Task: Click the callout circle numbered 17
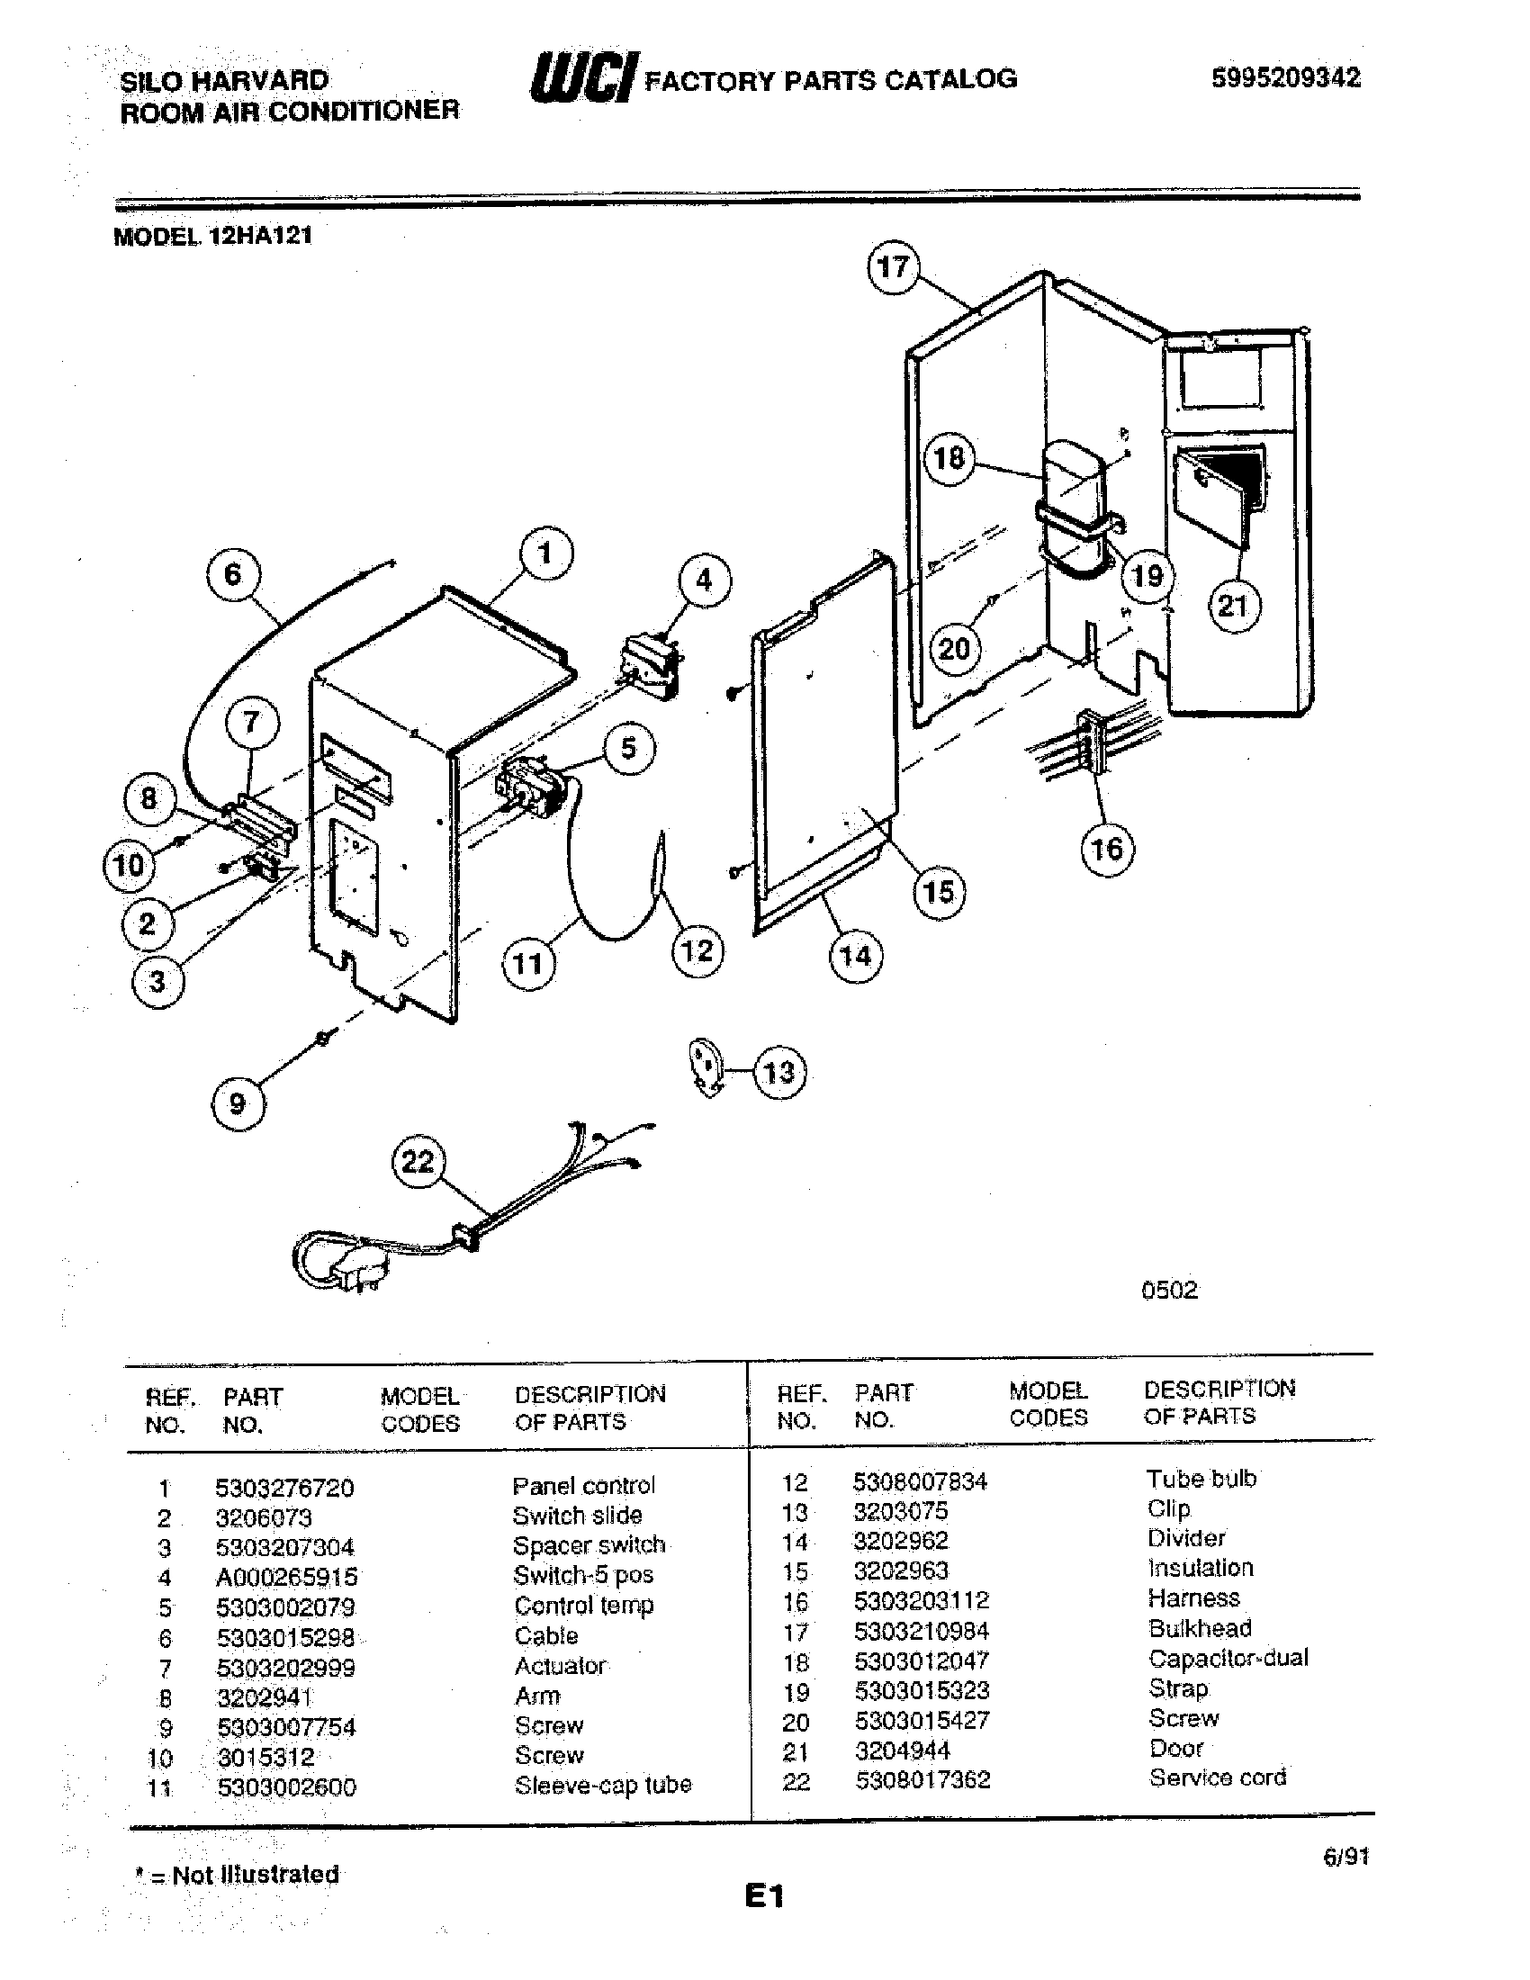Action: pos(893,266)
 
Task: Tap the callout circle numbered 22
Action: pos(417,1161)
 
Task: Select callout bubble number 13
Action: pos(778,1073)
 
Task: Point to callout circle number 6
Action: pos(233,575)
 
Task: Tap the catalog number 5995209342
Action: pos(1285,78)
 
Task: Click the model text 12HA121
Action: pos(260,236)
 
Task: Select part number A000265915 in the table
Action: pos(286,1577)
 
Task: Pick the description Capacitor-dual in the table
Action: pos(1228,1658)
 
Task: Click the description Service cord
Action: pos(1218,1777)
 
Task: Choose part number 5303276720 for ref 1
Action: pos(284,1488)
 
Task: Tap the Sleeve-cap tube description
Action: pos(603,1785)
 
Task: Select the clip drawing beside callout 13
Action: pos(706,1067)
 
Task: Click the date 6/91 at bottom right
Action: pos(1345,1857)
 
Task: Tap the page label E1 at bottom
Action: pos(764,1896)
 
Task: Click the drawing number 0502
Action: pos(1169,1290)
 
